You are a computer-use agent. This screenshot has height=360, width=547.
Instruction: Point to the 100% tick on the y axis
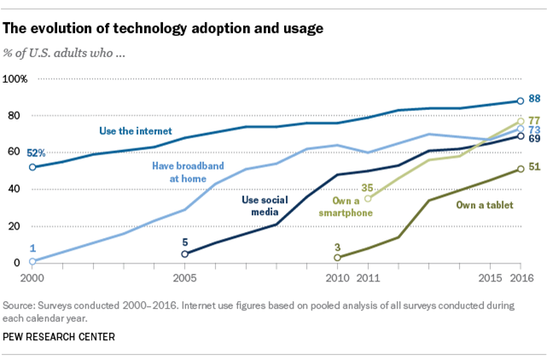17,78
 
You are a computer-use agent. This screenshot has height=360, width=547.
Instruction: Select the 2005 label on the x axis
185,279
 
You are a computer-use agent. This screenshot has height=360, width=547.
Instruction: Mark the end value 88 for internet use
536,100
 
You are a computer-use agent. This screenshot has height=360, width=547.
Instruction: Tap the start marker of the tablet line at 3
337,257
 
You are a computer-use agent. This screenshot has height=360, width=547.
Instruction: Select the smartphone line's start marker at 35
369,199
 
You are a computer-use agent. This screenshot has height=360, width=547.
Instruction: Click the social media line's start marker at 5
185,253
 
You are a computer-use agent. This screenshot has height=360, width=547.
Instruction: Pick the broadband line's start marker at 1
33,261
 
